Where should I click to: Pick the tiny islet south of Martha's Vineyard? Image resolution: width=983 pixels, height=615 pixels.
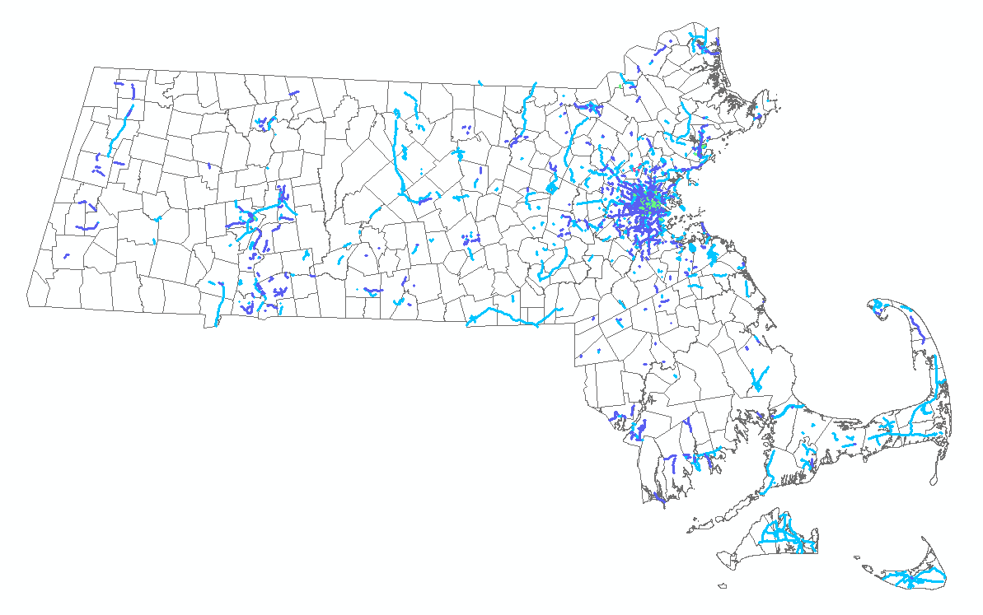tap(722, 586)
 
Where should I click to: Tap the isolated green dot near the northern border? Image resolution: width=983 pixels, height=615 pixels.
tap(620, 85)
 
